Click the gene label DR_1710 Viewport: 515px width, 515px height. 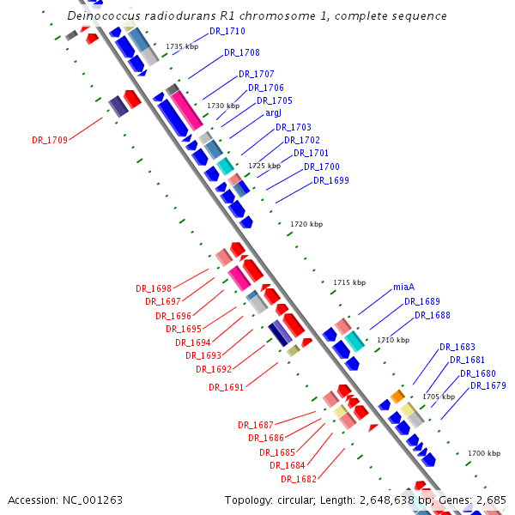227,32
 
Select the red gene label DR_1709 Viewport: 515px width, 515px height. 49,139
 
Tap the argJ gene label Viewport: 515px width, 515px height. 273,112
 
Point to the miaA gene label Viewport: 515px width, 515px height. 403,287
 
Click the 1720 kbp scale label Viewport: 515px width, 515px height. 306,224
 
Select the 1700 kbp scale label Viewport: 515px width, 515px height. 483,452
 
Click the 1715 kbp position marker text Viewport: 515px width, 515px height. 348,282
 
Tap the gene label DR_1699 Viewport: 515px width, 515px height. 330,180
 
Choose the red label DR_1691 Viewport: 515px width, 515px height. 226,387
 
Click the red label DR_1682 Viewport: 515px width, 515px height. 298,479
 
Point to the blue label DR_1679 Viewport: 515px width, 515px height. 488,385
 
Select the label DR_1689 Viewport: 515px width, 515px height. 421,301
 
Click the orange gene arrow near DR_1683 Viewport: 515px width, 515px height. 397,396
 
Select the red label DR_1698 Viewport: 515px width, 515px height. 153,288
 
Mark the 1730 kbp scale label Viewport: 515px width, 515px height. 222,106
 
